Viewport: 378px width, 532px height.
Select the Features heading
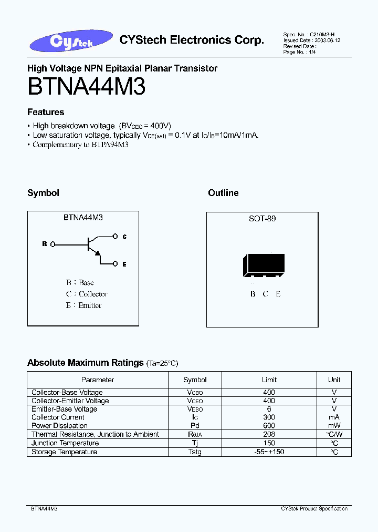(x=46, y=112)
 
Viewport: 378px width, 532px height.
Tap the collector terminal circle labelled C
(x=116, y=237)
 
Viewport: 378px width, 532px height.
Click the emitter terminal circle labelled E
(x=116, y=264)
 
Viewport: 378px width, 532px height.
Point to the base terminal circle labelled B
(x=51, y=244)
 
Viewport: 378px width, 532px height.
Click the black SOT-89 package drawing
(x=264, y=265)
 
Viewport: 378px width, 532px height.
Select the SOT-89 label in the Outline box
(x=262, y=218)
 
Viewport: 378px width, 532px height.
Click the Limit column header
(x=269, y=380)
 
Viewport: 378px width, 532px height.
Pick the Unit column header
(x=334, y=380)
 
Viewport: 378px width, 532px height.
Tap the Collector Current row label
(x=58, y=417)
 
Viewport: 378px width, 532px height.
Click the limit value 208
(x=269, y=434)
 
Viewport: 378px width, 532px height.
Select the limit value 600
(x=269, y=426)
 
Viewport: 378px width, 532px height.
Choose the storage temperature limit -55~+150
(x=269, y=452)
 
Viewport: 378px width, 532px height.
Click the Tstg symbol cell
(x=195, y=452)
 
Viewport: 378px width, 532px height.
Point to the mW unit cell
(x=334, y=426)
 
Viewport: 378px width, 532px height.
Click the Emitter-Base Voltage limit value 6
(x=269, y=409)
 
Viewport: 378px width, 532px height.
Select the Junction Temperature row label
(x=65, y=443)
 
